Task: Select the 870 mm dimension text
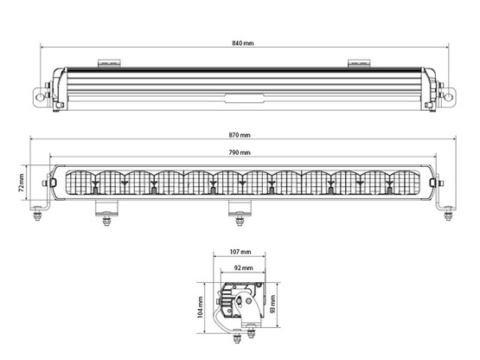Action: point(240,136)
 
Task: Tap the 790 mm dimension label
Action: point(240,152)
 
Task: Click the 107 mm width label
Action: point(240,252)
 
